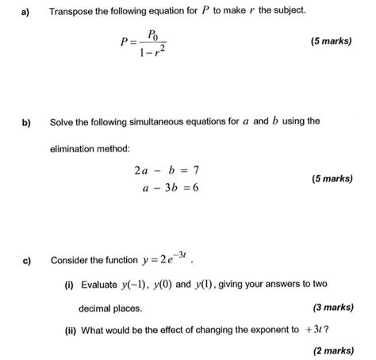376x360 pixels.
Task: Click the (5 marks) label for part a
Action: [325, 40]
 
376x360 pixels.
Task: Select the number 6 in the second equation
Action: [194, 189]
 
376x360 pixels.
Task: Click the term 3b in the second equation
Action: [168, 189]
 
